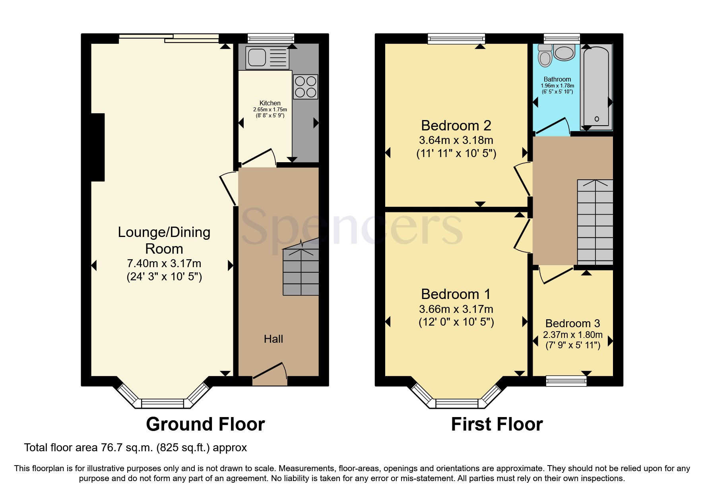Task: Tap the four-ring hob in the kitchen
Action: [x=305, y=87]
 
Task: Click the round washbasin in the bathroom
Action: [x=564, y=52]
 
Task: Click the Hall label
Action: [x=273, y=339]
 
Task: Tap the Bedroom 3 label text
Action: [x=572, y=323]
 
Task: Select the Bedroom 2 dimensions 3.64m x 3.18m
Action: [x=456, y=140]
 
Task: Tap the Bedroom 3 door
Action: [x=557, y=276]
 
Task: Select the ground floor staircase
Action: [x=301, y=272]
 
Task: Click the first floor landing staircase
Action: [x=595, y=223]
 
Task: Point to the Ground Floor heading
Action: [x=205, y=424]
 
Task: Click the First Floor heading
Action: [x=496, y=424]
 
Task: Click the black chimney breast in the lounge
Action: [x=98, y=147]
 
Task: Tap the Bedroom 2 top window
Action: [x=456, y=39]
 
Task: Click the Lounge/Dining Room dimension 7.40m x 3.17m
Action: [x=164, y=264]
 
